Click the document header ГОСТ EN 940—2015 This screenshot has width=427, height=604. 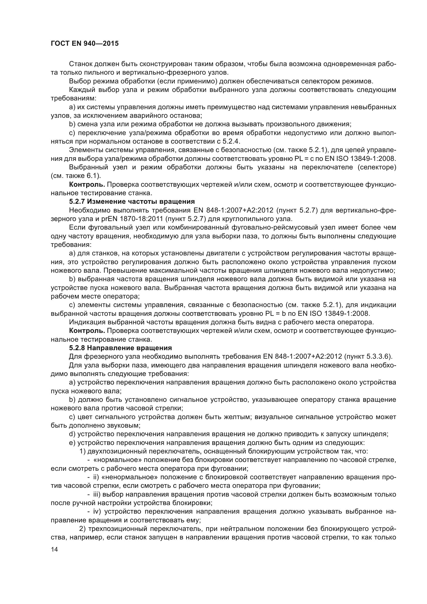click(85, 43)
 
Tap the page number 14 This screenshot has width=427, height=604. click(54, 549)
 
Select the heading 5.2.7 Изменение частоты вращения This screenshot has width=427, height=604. click(132, 201)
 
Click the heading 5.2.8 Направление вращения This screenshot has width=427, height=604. click(120, 348)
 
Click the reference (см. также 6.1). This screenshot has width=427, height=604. click(76, 176)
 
